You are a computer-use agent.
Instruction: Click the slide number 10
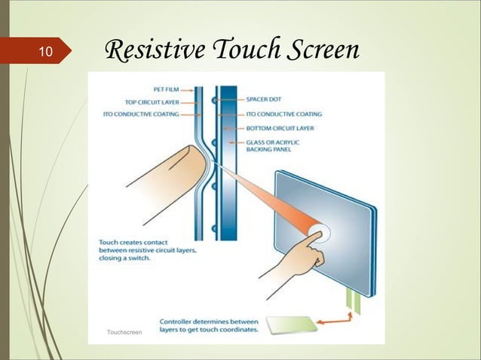44,52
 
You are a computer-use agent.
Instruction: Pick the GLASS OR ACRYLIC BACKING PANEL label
278,145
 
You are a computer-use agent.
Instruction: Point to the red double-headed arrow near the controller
332,322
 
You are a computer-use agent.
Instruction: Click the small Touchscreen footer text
125,332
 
